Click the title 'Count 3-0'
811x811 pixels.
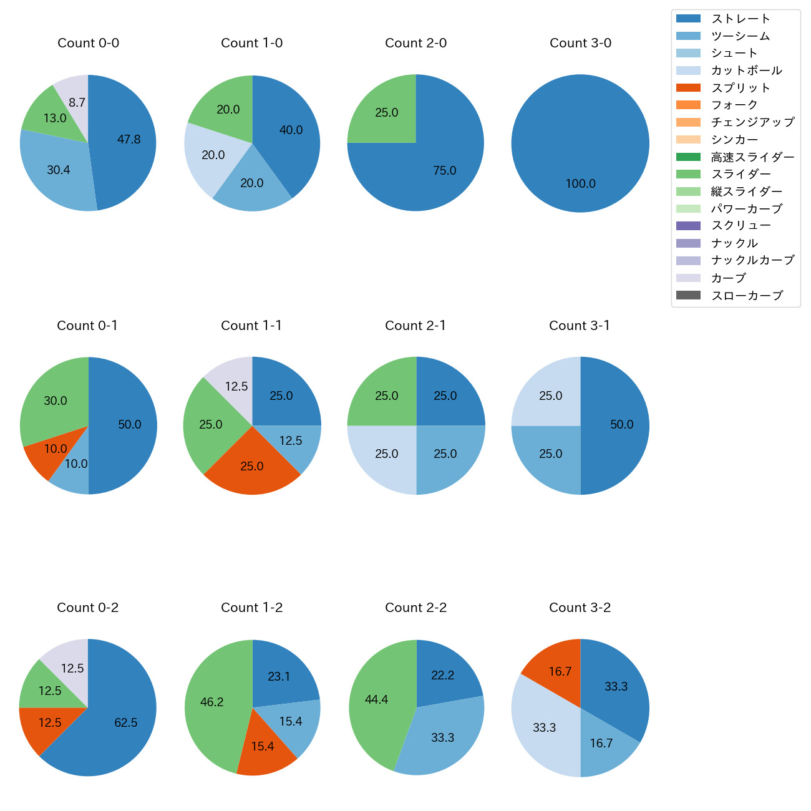click(580, 43)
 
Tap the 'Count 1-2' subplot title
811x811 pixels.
click(251, 608)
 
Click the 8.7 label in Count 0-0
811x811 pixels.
click(77, 102)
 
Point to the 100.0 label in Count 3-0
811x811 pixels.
click(580, 183)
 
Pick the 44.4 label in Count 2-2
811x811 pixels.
click(376, 699)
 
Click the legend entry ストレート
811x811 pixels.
click(741, 19)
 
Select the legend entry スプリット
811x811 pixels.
click(741, 88)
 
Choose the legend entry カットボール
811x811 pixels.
click(746, 70)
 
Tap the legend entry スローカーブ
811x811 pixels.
click(747, 296)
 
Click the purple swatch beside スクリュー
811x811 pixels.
click(688, 226)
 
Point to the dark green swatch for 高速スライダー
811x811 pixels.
click(688, 157)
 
